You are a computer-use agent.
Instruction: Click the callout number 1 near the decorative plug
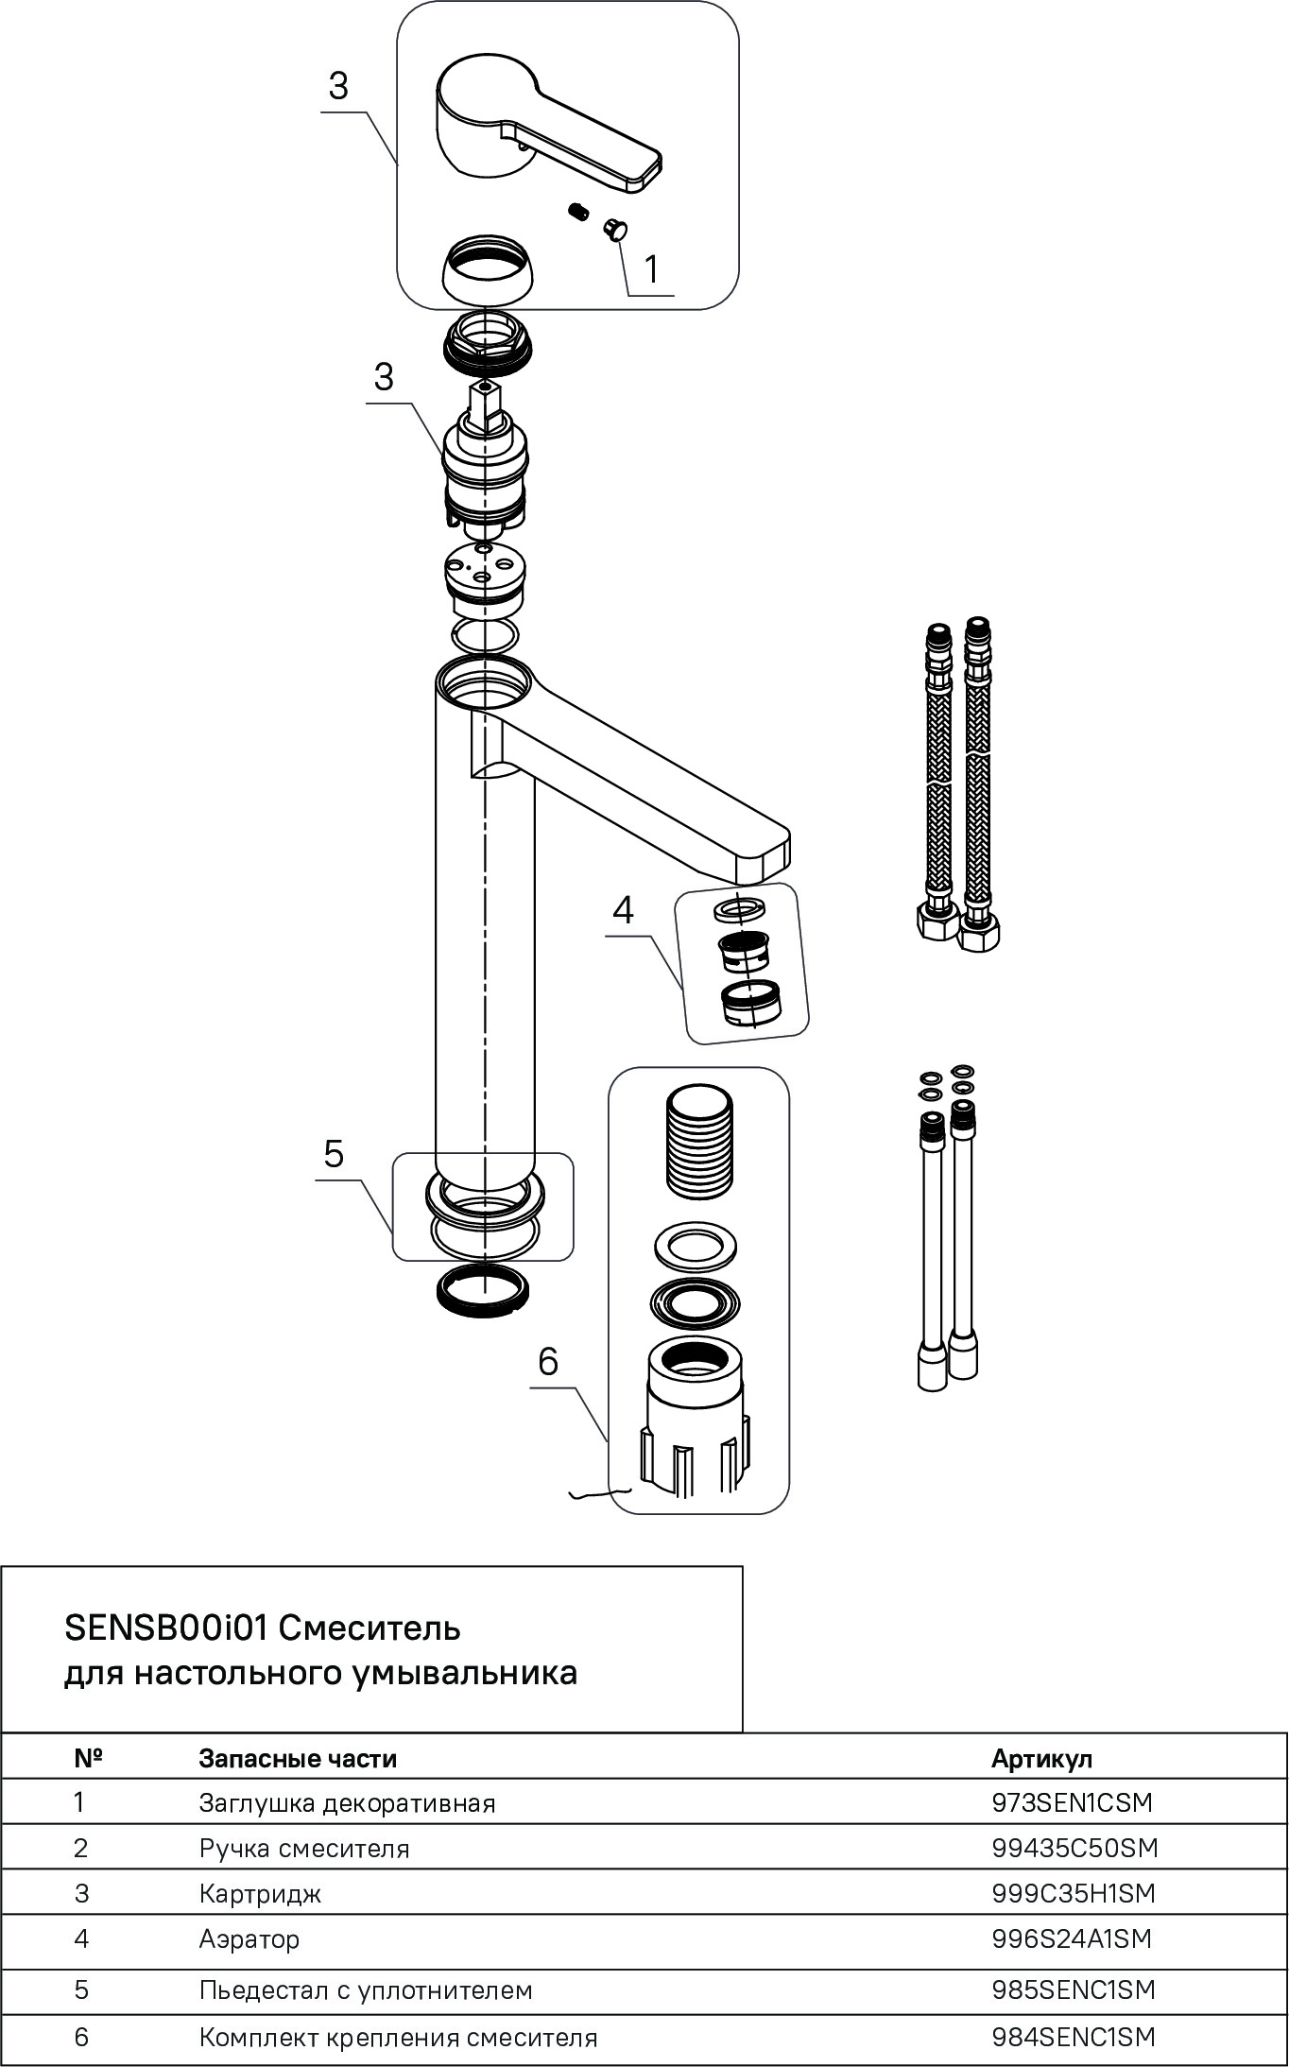[651, 269]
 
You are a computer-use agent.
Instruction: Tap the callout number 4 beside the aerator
[623, 910]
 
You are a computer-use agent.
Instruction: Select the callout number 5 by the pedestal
[334, 1154]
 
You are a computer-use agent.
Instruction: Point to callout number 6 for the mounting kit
[548, 1361]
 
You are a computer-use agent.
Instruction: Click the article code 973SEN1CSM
[1072, 1802]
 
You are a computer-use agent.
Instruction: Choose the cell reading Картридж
[260, 1893]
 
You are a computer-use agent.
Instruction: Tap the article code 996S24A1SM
[1072, 1938]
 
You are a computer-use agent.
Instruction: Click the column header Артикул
[1041, 1758]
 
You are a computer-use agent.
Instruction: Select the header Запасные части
[298, 1758]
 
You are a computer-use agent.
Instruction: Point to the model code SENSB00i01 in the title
[167, 1628]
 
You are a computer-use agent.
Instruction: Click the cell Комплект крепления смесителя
[398, 2037]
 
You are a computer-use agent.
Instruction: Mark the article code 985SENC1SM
[1074, 1989]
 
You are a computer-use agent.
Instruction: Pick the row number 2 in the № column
[80, 1848]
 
